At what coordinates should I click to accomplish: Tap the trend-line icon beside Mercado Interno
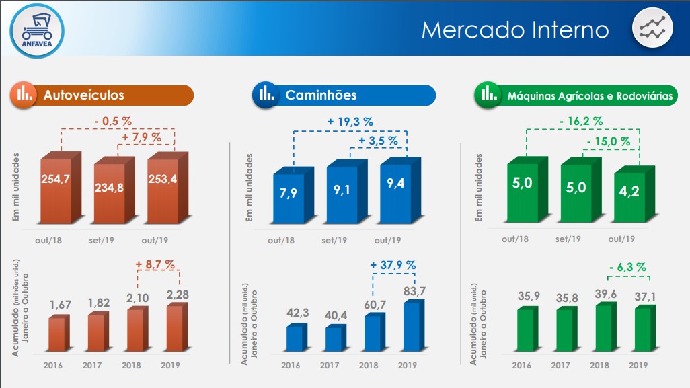click(652, 30)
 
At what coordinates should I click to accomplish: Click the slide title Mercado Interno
click(514, 30)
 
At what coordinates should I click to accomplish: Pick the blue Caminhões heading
click(344, 95)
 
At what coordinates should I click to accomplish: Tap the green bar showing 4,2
click(631, 196)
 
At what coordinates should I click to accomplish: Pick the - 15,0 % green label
click(608, 142)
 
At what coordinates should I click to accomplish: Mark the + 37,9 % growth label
click(393, 265)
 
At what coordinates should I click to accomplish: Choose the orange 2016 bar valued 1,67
click(57, 334)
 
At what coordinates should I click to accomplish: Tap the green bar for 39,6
click(603, 328)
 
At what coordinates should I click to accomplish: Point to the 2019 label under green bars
click(638, 366)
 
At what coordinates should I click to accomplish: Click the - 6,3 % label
click(627, 268)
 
